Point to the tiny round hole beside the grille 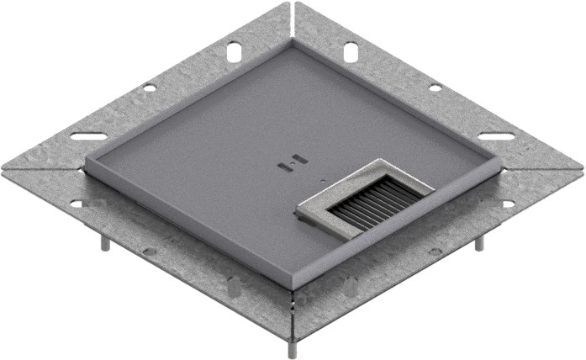(320, 179)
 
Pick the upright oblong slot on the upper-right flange (349, 52)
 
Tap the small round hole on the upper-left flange (149, 87)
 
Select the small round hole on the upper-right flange (435, 87)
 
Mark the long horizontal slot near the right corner (496, 136)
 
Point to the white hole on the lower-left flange (77, 204)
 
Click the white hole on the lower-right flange (508, 204)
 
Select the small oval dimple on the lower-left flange (149, 251)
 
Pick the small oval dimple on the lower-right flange (435, 251)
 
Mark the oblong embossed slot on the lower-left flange (234, 286)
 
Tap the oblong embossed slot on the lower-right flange (350, 285)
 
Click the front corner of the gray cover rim (292, 286)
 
